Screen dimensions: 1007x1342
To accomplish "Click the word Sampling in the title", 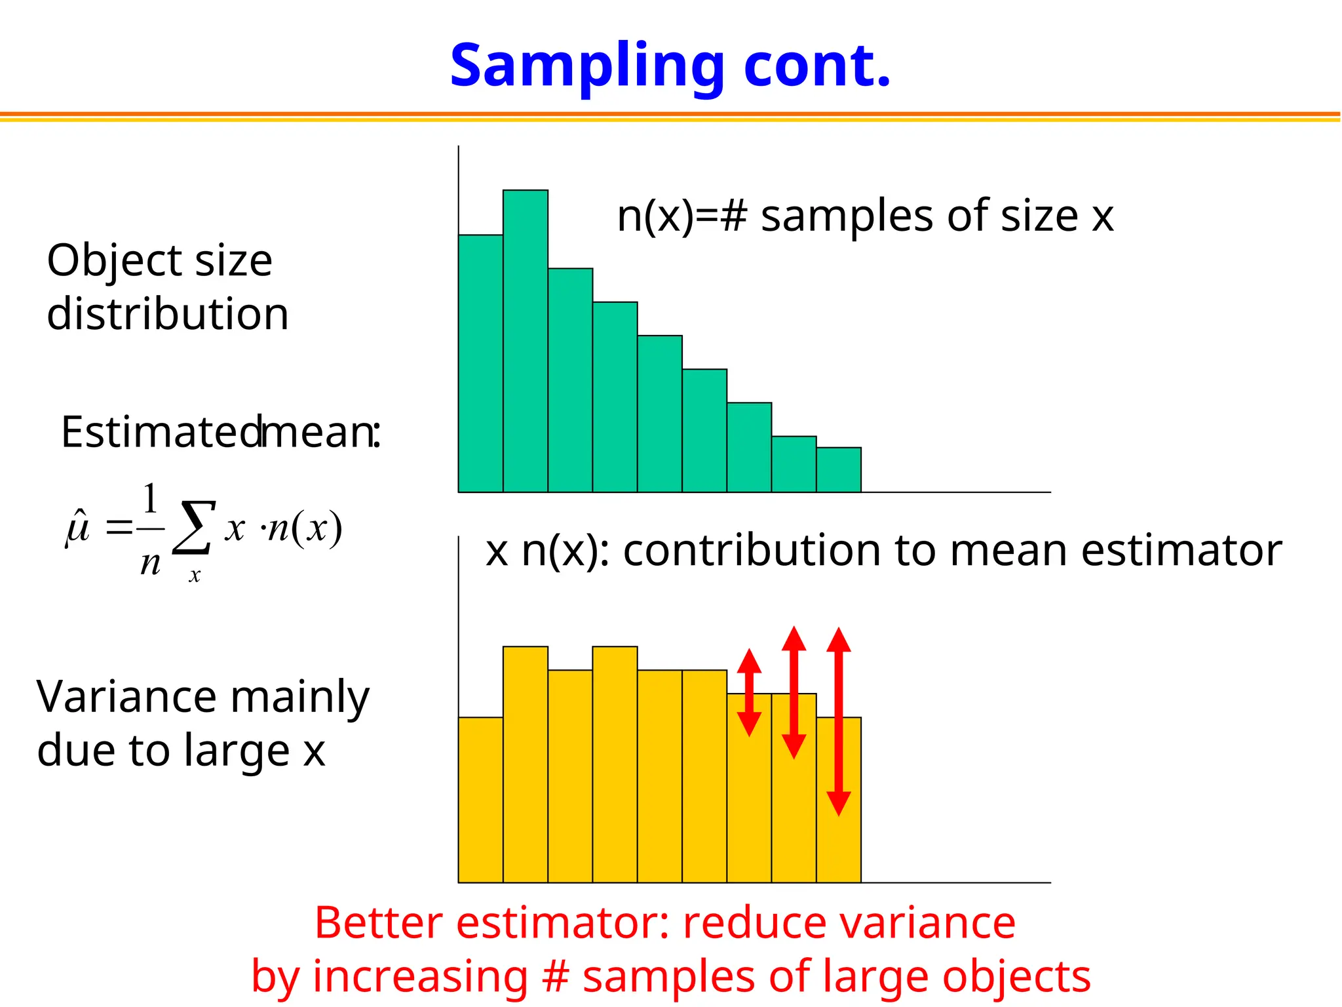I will [586, 67].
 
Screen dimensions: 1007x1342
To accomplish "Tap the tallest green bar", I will [526, 341].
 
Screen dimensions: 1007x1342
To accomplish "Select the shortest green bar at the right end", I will [839, 470].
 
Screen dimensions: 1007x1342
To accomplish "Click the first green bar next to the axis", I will [480, 364].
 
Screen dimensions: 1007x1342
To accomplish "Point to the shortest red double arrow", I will [749, 692].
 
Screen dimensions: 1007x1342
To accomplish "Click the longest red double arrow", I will [839, 721].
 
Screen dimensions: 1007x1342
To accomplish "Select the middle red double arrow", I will [794, 692].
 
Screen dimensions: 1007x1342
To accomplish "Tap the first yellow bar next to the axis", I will [480, 800].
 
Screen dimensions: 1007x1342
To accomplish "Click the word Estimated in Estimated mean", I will [161, 433].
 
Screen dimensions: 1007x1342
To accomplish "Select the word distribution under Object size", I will [168, 314].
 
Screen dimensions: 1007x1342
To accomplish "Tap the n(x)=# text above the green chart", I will [681, 216].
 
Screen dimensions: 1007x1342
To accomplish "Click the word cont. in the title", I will [817, 67].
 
